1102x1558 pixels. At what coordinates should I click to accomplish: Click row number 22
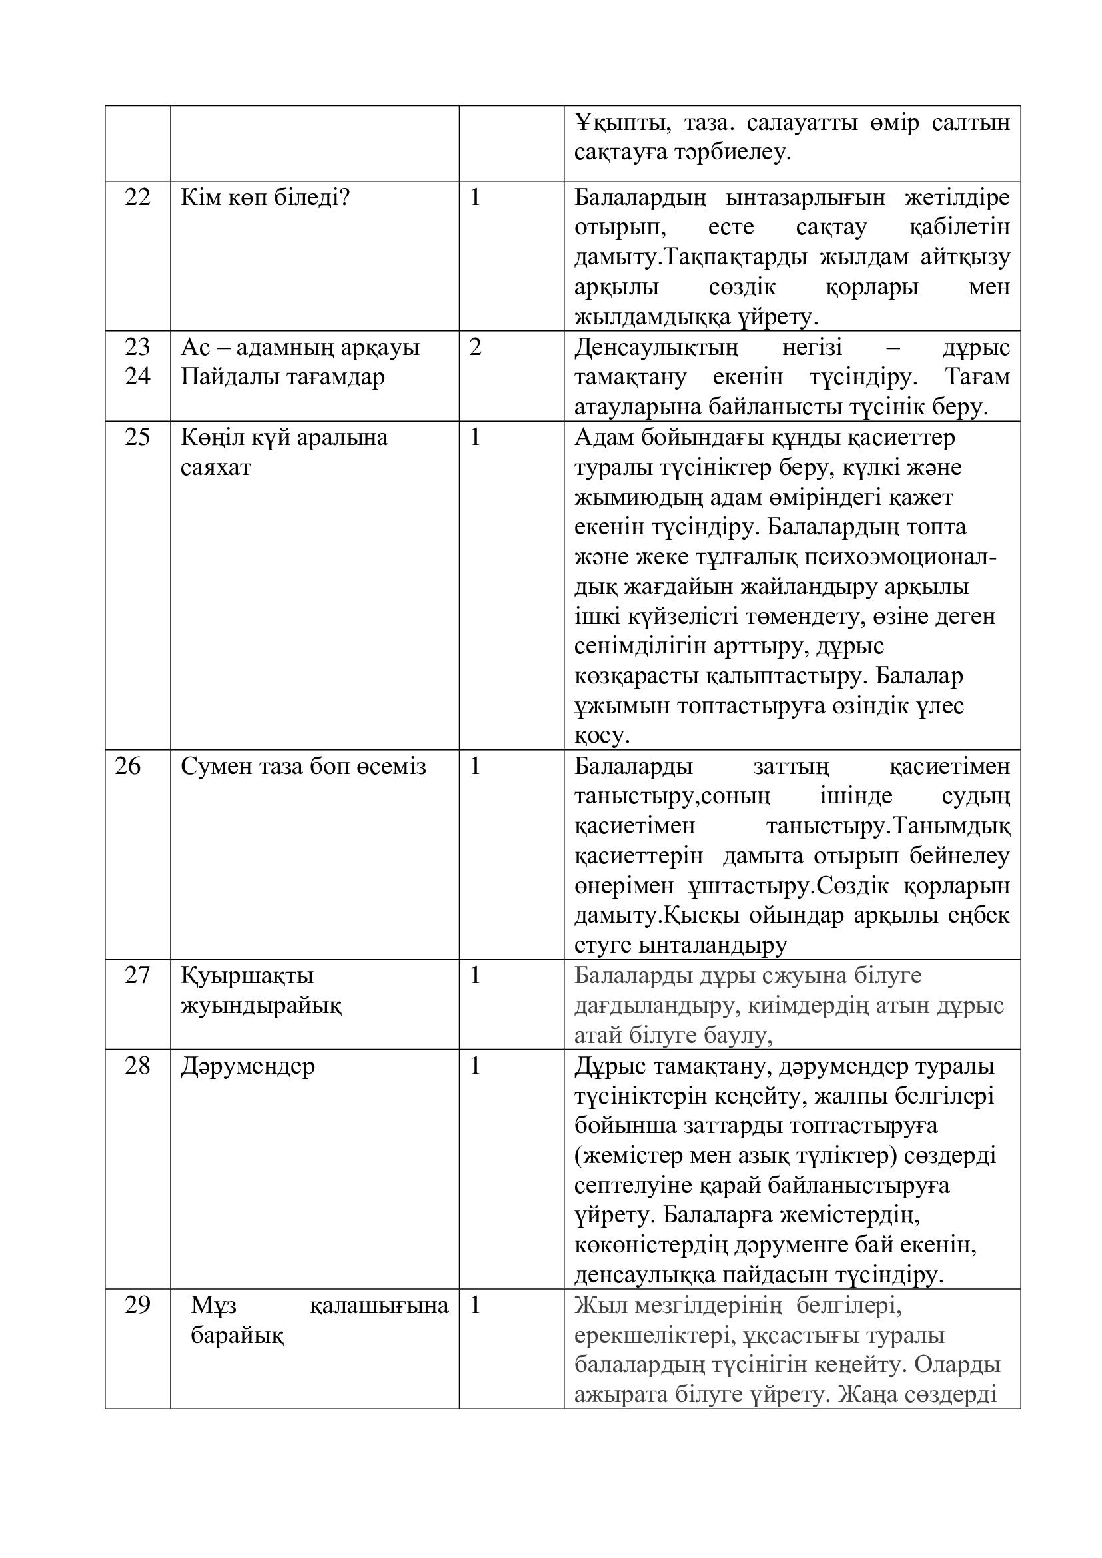(x=137, y=197)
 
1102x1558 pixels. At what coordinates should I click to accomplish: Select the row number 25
(x=137, y=437)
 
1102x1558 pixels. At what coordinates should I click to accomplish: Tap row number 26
(x=127, y=766)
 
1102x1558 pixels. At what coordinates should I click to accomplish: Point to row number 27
(x=137, y=975)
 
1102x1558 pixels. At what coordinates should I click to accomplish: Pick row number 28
(x=137, y=1065)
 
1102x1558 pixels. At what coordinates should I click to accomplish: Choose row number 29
(x=137, y=1304)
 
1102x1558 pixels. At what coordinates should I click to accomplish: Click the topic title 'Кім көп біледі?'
(x=265, y=197)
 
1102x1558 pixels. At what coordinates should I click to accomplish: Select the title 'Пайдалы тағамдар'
(x=282, y=376)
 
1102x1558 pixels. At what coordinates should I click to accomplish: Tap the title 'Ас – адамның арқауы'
(x=300, y=348)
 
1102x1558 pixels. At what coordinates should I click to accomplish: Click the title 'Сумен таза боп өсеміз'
(x=303, y=766)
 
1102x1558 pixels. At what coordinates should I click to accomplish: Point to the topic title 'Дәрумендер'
(x=248, y=1065)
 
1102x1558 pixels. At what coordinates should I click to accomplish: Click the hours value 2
(x=475, y=348)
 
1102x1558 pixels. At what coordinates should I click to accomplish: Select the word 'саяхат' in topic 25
(x=216, y=467)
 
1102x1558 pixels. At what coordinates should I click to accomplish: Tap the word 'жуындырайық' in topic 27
(x=261, y=1005)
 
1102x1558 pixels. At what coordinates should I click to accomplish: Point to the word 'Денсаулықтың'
(x=656, y=348)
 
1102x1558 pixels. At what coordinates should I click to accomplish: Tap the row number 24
(x=137, y=376)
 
